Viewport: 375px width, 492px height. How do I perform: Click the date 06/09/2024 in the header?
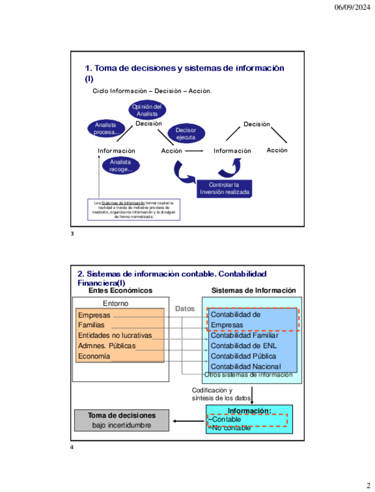(352, 8)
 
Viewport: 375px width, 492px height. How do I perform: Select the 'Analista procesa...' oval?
(106, 128)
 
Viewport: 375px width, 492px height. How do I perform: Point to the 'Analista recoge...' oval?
(121, 166)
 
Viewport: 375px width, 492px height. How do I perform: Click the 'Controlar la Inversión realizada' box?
(223, 188)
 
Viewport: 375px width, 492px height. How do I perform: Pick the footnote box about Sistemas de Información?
(134, 209)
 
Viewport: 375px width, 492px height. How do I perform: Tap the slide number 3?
(72, 234)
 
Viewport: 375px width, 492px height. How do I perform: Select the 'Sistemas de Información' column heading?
(253, 291)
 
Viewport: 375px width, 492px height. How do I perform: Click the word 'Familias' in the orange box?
(92, 325)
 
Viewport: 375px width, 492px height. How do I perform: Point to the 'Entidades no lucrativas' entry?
(115, 335)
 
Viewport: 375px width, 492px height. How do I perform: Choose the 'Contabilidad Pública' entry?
(243, 356)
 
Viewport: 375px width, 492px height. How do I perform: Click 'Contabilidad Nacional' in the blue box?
(246, 366)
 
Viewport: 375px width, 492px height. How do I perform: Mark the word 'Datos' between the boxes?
(185, 309)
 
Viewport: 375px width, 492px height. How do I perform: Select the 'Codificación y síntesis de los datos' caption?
(221, 394)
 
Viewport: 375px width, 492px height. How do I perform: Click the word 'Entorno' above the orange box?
(116, 303)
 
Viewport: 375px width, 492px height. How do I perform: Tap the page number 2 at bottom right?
(367, 485)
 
